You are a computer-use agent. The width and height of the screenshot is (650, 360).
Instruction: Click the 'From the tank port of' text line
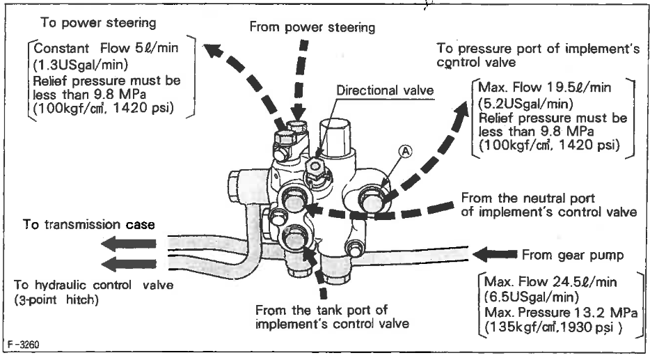[322, 309]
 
